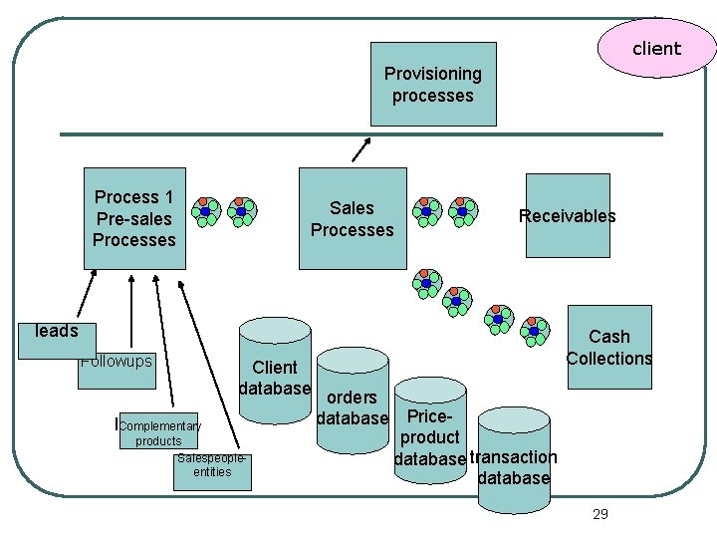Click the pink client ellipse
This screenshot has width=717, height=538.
coord(656,48)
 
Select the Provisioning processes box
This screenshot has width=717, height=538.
coord(433,84)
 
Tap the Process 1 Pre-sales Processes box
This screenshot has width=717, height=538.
coord(134,218)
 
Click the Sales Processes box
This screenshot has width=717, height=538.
coord(352,219)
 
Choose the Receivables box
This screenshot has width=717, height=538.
coord(567,216)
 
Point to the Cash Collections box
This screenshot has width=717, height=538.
coord(608,348)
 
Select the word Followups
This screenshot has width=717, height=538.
coord(116,361)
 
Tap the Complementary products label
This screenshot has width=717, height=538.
coord(159,433)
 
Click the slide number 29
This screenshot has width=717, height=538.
coord(599,514)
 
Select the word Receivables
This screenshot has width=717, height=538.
coord(567,216)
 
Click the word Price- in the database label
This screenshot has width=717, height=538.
coord(430,415)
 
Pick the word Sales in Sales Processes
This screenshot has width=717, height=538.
coord(352,208)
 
